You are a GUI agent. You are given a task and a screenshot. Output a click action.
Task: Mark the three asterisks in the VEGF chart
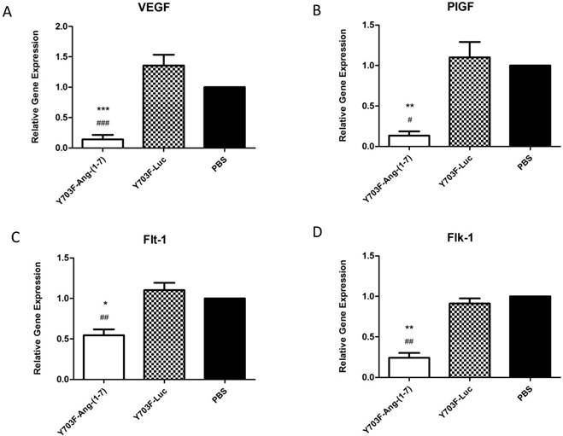tap(103, 110)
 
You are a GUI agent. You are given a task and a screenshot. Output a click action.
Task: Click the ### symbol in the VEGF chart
tap(103, 124)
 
